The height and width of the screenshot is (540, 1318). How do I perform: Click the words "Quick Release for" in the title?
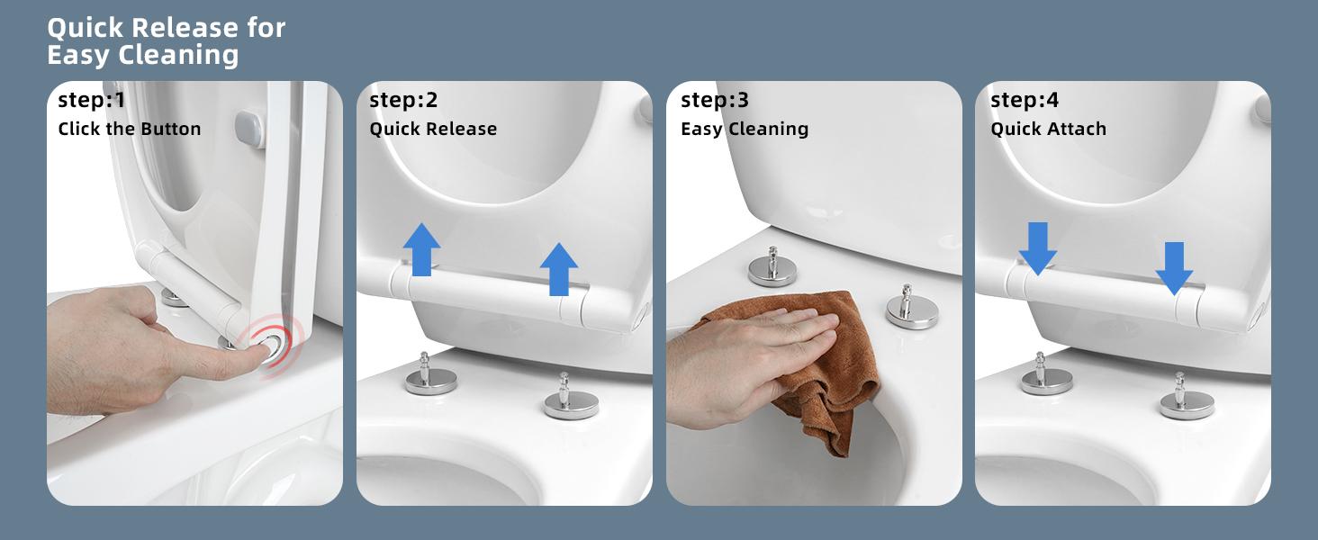click(167, 28)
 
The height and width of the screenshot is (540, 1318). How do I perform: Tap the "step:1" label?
click(92, 100)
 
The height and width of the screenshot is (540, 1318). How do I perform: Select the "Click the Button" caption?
click(130, 129)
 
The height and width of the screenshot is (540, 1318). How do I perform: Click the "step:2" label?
click(403, 100)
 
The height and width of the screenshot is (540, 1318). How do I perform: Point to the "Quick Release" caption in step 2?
click(433, 129)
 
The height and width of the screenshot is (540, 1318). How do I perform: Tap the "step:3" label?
click(715, 100)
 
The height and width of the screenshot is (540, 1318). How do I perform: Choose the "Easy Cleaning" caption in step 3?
click(745, 129)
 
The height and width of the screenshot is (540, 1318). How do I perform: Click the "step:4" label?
click(1025, 100)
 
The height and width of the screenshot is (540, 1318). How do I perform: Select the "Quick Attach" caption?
click(1048, 129)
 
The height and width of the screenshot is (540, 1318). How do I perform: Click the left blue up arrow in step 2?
click(422, 250)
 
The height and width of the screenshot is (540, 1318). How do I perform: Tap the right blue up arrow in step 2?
click(558, 269)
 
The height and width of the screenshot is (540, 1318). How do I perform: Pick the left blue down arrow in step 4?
click(1038, 248)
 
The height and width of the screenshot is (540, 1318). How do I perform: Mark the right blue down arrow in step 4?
click(1174, 268)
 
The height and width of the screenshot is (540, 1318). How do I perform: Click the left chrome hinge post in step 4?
click(1046, 374)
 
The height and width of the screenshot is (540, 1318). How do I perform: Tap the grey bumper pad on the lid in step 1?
click(249, 130)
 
